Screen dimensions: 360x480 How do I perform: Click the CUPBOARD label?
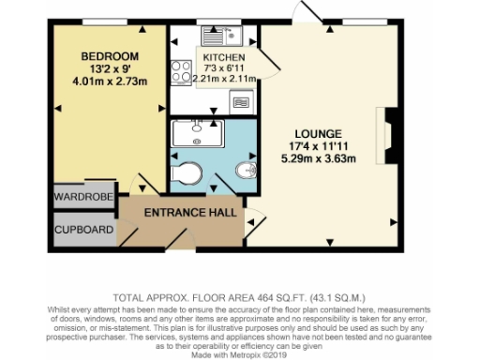[84, 229]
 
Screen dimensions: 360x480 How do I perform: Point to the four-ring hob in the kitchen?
[180, 71]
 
